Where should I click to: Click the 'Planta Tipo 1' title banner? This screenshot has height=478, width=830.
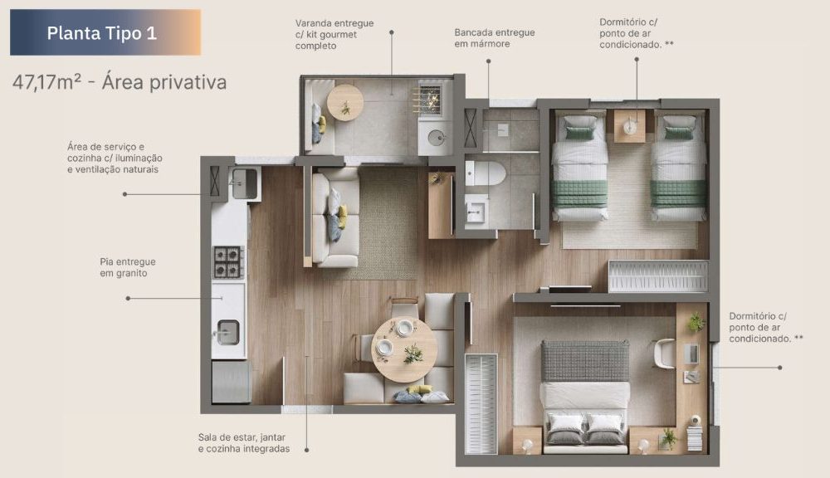point(105,32)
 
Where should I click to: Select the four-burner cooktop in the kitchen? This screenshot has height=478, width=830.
point(228,262)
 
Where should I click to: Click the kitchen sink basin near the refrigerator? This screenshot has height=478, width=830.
point(228,333)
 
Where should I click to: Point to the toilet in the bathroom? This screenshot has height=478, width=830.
point(485,173)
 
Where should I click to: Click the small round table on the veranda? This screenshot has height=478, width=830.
point(345,103)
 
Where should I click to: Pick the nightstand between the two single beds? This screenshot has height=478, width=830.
point(630,125)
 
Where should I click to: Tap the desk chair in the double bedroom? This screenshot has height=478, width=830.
point(665,353)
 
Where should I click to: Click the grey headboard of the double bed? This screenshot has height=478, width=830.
point(585,361)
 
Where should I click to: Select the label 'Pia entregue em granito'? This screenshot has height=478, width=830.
point(128,267)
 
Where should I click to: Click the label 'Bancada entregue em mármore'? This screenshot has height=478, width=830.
point(495,38)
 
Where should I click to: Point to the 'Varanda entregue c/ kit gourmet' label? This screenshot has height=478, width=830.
point(334,29)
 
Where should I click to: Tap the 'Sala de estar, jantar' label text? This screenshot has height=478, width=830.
point(242,437)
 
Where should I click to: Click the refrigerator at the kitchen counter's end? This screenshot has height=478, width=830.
point(232,381)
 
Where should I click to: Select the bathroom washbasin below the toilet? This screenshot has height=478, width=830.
point(476,210)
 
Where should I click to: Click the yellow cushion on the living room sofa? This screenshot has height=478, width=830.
point(343,216)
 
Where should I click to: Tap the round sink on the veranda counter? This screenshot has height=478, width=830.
point(437,138)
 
